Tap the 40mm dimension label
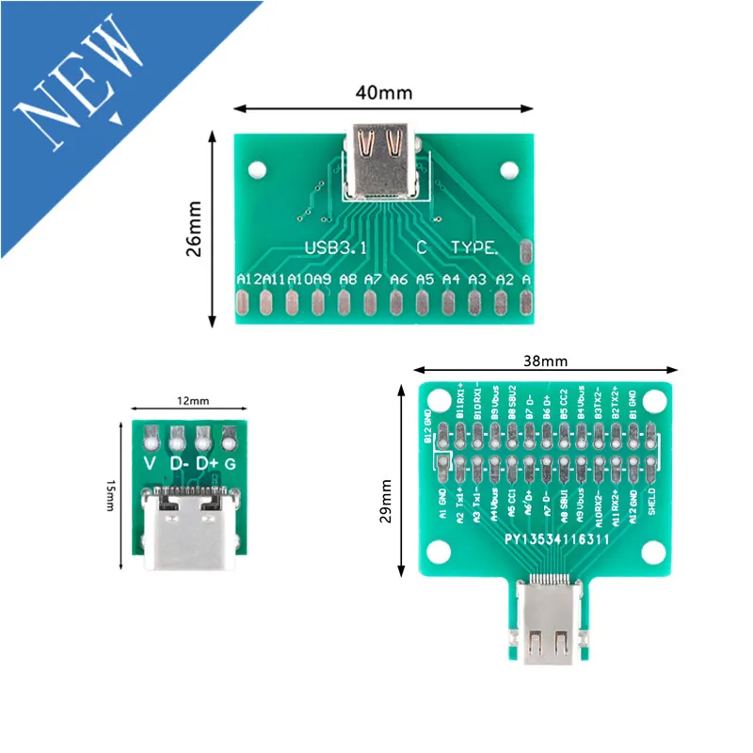point(384,93)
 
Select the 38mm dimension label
point(545,360)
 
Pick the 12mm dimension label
point(191,400)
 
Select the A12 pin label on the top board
point(248,280)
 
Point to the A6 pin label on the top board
point(399,280)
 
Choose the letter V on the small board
point(149,464)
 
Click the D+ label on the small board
point(205,464)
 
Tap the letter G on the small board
point(232,464)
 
